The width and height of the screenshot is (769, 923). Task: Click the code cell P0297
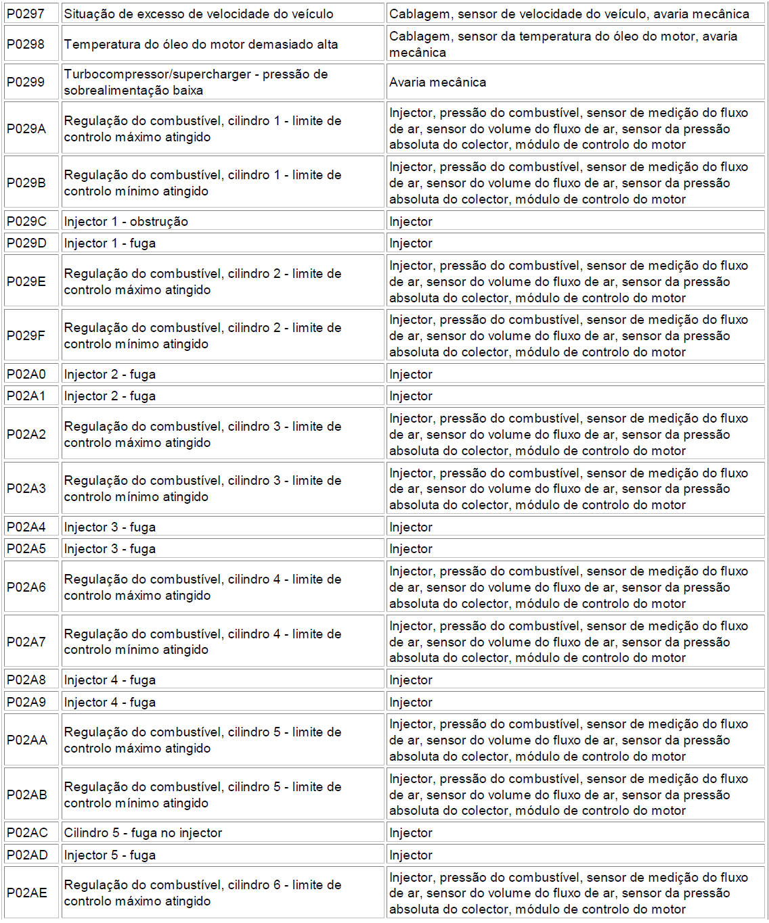coord(26,14)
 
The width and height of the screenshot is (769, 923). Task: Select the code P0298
coord(26,45)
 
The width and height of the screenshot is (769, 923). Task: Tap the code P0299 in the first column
coord(26,82)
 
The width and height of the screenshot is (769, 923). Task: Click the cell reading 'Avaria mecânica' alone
coord(437,82)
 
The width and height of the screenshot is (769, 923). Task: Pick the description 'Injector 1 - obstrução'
coord(126,222)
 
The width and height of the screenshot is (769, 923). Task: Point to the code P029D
coord(26,243)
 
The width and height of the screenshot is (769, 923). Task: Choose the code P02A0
coord(26,375)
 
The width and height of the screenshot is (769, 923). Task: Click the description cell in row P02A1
coord(110,396)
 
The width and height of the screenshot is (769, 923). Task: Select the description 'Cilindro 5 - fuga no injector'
coord(143,833)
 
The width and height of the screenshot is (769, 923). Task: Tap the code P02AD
coord(27,855)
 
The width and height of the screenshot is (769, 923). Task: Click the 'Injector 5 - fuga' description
coord(110,855)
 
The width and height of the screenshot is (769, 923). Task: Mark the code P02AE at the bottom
coord(27,893)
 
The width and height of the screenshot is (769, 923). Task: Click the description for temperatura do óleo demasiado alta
coord(200,45)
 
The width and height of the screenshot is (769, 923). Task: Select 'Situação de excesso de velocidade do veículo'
coord(198,14)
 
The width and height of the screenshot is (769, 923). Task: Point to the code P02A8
coord(26,680)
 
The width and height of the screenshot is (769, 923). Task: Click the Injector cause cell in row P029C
coord(411,222)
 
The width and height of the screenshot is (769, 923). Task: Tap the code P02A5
coord(26,549)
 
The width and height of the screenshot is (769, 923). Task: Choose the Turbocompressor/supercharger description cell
coord(196,82)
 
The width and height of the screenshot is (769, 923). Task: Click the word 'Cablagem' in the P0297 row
coord(417,14)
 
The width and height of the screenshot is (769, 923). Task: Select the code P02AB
coord(27,795)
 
